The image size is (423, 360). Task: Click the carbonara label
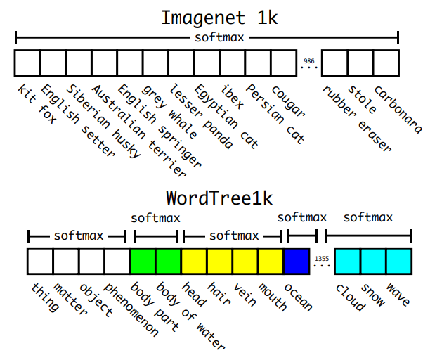coord(398,108)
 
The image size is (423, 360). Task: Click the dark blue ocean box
coord(297,261)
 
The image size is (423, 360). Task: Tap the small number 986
coord(308,61)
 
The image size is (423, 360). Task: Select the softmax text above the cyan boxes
coord(367,217)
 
